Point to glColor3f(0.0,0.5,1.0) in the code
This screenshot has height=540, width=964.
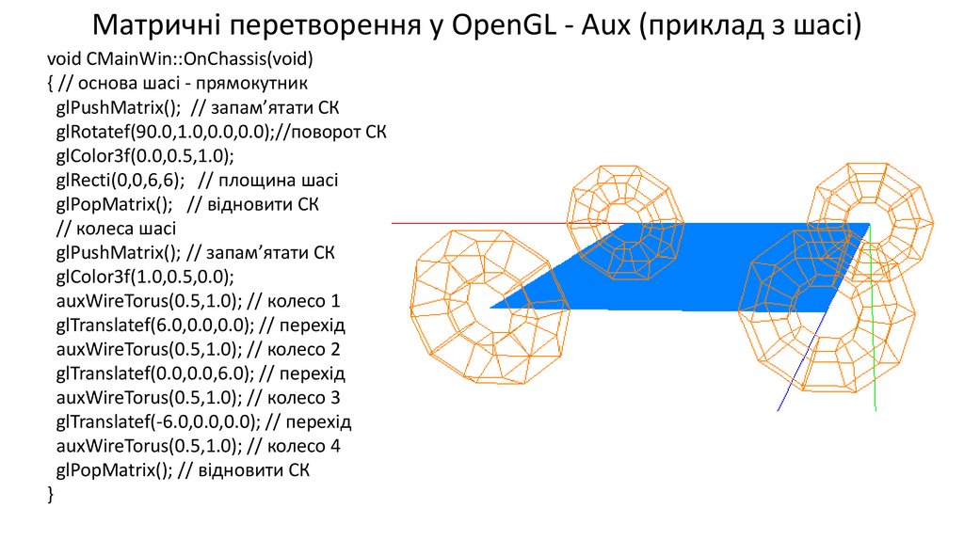pyautogui.click(x=144, y=155)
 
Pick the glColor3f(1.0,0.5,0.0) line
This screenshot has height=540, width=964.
pyautogui.click(x=144, y=277)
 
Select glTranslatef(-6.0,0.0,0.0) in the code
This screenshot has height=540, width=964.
pyautogui.click(x=153, y=421)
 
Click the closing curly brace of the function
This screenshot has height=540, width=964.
pyautogui.click(x=50, y=494)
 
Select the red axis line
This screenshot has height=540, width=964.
pyautogui.click(x=471, y=224)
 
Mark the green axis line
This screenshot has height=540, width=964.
pyautogui.click(x=874, y=357)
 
